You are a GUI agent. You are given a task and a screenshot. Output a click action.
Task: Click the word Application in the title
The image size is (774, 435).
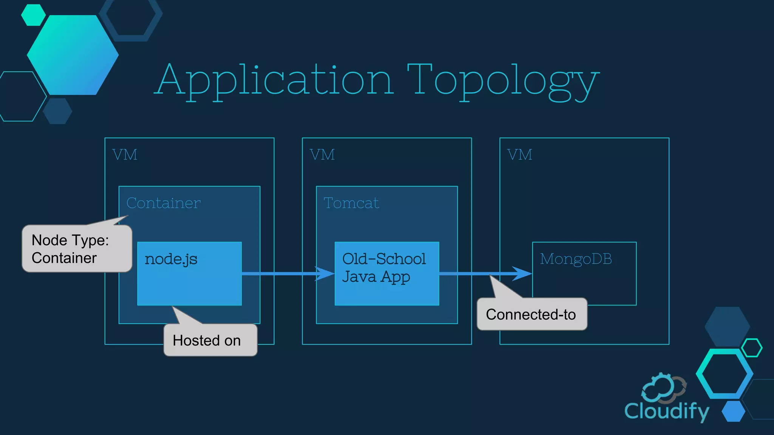pyautogui.click(x=274, y=80)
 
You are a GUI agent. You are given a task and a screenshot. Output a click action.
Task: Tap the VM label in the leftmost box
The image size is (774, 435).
pyautogui.click(x=125, y=155)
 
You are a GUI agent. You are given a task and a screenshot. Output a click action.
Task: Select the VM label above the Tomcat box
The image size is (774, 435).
pyautogui.click(x=322, y=155)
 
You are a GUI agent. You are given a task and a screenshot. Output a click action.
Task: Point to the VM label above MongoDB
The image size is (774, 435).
pyautogui.click(x=520, y=155)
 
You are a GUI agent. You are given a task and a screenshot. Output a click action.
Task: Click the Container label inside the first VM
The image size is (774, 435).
pyautogui.click(x=163, y=203)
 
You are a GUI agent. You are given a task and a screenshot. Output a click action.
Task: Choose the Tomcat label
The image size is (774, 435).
pyautogui.click(x=351, y=203)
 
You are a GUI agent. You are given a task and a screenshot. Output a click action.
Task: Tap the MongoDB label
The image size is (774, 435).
pyautogui.click(x=576, y=259)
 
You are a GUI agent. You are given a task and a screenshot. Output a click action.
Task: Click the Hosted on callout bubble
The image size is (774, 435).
pyautogui.click(x=210, y=340)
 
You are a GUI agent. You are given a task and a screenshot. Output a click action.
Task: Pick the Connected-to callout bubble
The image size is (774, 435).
pyautogui.click(x=531, y=314)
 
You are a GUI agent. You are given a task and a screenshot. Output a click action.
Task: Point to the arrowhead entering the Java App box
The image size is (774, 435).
pyautogui.click(x=325, y=273)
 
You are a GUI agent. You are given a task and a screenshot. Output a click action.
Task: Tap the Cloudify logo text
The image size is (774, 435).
pyautogui.click(x=666, y=411)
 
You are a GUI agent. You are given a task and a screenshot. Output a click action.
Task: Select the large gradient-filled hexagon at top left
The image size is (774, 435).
pyautogui.click(x=73, y=55)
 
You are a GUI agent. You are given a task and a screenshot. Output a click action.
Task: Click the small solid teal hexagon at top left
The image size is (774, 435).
pyautogui.click(x=33, y=15)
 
